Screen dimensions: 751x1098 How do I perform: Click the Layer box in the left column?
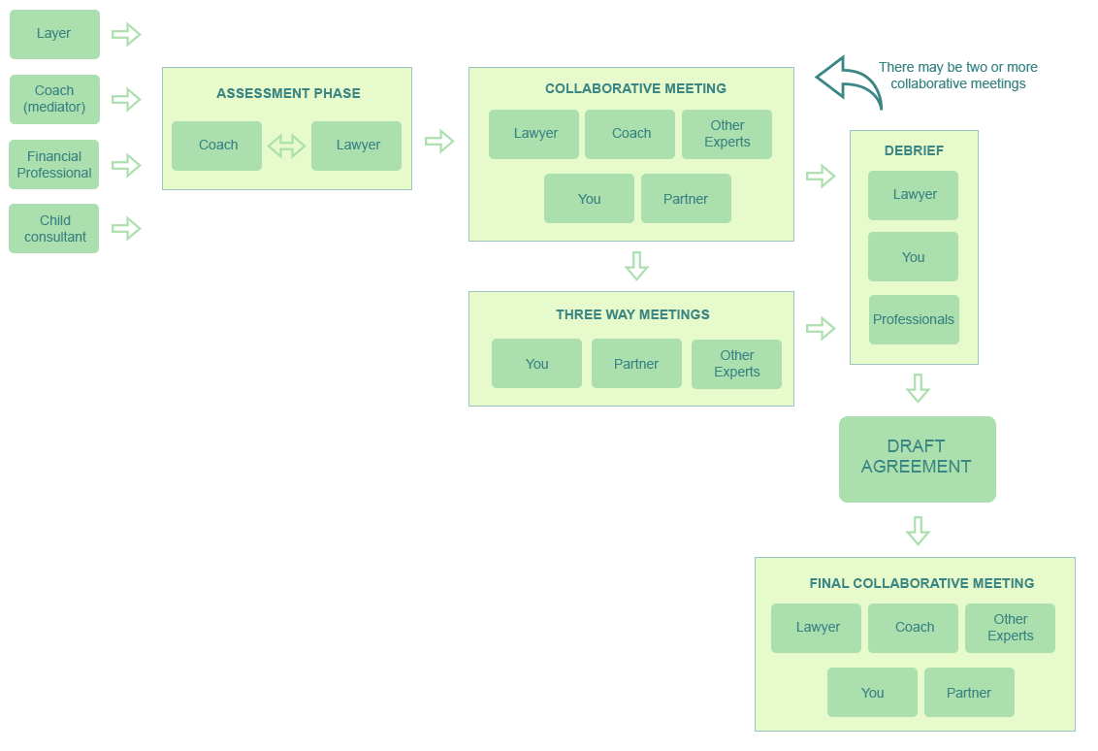coord(54,34)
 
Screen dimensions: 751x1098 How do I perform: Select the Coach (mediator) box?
coord(54,99)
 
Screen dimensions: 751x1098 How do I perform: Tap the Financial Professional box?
coord(54,165)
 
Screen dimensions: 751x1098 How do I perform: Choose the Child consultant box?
coord(54,229)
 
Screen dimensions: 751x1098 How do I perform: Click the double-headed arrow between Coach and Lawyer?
coord(286,147)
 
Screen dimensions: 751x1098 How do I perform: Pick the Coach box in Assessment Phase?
coord(217,146)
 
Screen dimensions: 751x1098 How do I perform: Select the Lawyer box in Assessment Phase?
coord(357,146)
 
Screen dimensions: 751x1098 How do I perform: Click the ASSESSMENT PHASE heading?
coord(288,94)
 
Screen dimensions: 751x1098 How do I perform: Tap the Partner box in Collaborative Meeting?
coord(686,199)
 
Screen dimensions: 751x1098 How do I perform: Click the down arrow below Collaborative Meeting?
coord(636,266)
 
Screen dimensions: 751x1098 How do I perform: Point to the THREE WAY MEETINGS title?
coord(632,315)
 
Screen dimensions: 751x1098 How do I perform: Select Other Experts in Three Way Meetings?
coord(736,364)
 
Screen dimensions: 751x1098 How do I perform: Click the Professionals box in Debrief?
coord(914,320)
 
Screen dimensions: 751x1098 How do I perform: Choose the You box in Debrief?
coord(913,257)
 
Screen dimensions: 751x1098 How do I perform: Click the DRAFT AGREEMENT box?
coord(917,458)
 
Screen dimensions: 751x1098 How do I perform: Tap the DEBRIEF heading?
coord(914,151)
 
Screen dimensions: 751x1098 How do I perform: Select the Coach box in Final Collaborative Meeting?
coord(914,628)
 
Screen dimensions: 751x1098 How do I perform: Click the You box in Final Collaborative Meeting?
coord(872,693)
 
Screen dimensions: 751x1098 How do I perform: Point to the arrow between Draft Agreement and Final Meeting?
coord(919,532)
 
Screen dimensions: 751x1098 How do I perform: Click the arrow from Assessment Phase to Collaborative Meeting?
coord(440,142)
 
